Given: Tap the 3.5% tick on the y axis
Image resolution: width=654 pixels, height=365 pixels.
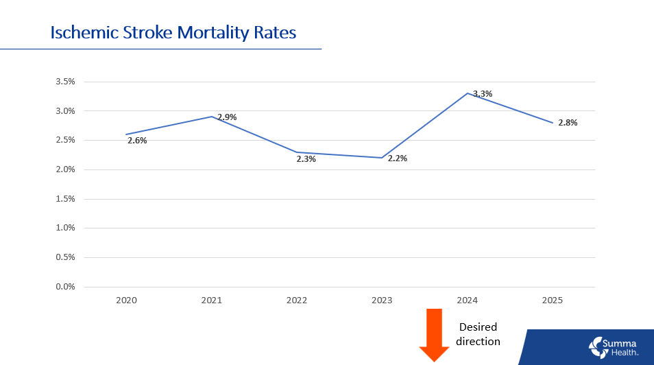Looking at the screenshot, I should pyautogui.click(x=65, y=82).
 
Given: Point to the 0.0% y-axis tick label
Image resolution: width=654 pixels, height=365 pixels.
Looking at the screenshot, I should pyautogui.click(x=65, y=287).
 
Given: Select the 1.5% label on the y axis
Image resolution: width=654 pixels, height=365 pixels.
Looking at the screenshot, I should pyautogui.click(x=65, y=199).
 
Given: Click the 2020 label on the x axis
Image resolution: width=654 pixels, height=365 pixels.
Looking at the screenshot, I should pyautogui.click(x=126, y=301).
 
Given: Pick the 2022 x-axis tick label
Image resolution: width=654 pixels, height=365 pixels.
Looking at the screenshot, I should pyautogui.click(x=297, y=301).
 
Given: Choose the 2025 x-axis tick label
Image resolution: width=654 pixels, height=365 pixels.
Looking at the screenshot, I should pyautogui.click(x=553, y=301).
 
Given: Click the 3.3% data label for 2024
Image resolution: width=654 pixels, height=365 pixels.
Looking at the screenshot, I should pyautogui.click(x=483, y=94).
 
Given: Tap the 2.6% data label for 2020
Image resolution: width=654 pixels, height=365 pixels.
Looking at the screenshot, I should pyautogui.click(x=137, y=141).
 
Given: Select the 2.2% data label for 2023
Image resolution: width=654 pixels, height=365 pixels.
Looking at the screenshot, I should pyautogui.click(x=397, y=158).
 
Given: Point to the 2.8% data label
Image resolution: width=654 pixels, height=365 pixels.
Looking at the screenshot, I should pyautogui.click(x=568, y=123).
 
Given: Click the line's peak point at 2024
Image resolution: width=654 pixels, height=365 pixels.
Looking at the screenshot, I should pyautogui.click(x=468, y=93).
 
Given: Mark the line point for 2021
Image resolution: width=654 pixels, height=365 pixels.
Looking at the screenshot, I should pyautogui.click(x=212, y=117).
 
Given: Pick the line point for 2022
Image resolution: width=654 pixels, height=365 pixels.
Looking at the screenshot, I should pyautogui.click(x=297, y=152).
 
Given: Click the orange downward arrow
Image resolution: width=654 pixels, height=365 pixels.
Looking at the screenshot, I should pyautogui.click(x=434, y=334).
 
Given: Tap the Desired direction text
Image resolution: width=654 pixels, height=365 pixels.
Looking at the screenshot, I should pyautogui.click(x=478, y=334).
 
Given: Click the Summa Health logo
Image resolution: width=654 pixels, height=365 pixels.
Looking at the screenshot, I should pyautogui.click(x=614, y=346).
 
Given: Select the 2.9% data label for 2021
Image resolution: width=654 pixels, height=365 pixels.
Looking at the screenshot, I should pyautogui.click(x=227, y=117).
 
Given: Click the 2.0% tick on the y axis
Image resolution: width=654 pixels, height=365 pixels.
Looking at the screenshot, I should pyautogui.click(x=65, y=169).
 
